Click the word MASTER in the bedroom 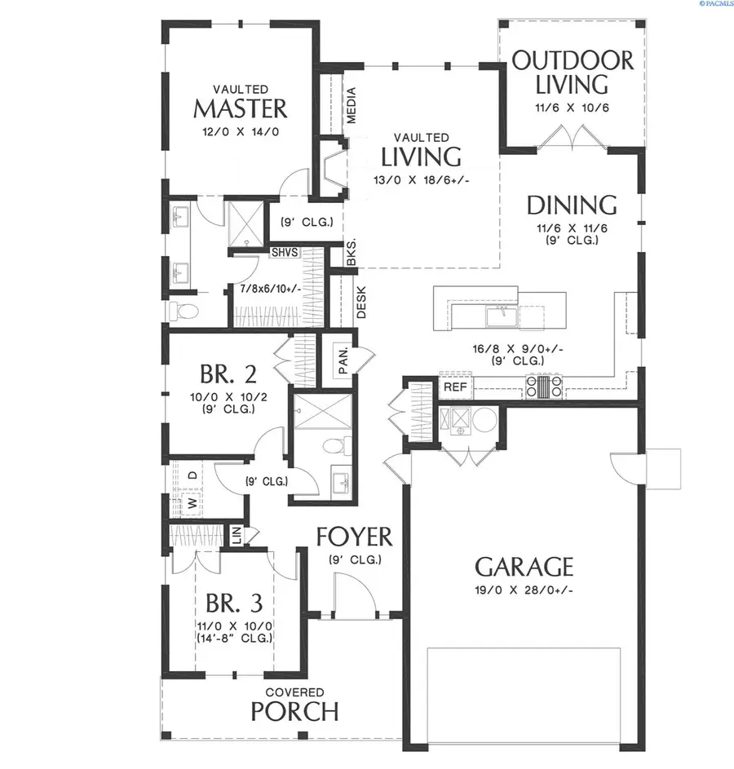pos(241,108)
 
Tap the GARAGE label pos(524,566)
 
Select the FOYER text pos(354,537)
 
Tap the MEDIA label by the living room pos(352,106)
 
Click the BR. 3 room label pos(233,603)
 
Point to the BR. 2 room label pos(228,374)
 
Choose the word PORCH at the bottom pos(294,711)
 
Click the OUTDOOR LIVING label pos(573,72)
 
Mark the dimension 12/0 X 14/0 pos(241,130)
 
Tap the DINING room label pos(571,204)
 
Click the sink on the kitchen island pos(499,312)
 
